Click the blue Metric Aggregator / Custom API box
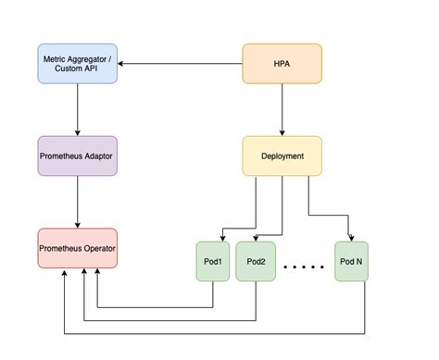pyautogui.click(x=78, y=64)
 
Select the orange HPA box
pyautogui.click(x=282, y=64)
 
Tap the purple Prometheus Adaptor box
pyautogui.click(x=78, y=155)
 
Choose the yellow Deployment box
pyautogui.click(x=282, y=155)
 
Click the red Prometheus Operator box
pyautogui.click(x=78, y=248)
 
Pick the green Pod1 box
pyautogui.click(x=213, y=261)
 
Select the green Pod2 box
pyautogui.click(x=256, y=261)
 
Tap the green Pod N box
pyautogui.click(x=351, y=261)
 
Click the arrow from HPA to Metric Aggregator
pyautogui.click(x=180, y=64)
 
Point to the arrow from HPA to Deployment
pyautogui.click(x=282, y=109)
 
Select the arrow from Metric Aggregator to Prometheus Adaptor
pyautogui.click(x=78, y=109)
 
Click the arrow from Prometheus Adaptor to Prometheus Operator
pyautogui.click(x=78, y=202)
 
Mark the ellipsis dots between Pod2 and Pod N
pyautogui.click(x=304, y=267)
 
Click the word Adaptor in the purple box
pyautogui.click(x=98, y=156)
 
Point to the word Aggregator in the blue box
pyautogui.click(x=86, y=59)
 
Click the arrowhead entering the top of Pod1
pyautogui.click(x=222, y=239)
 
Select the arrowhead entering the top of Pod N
pyautogui.click(x=351, y=239)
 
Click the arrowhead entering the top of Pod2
pyautogui.click(x=256, y=239)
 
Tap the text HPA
pyautogui.click(x=282, y=64)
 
